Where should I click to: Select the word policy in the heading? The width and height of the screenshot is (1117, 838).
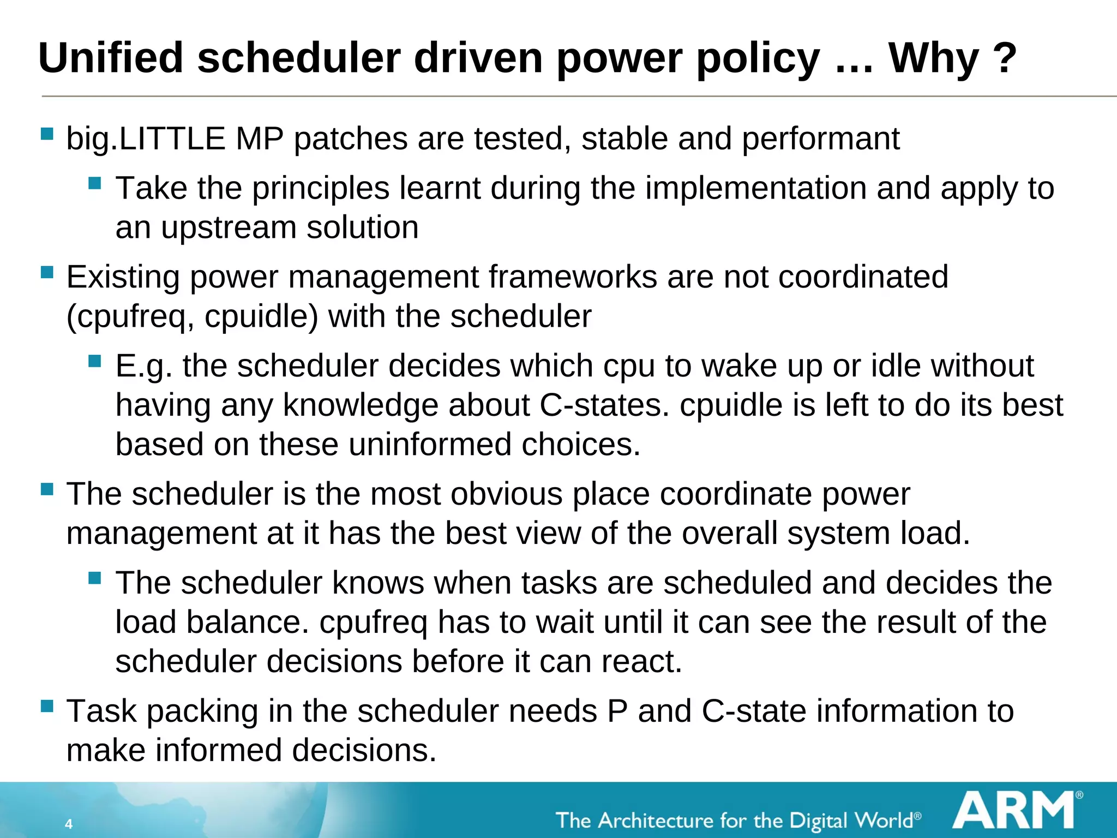pyautogui.click(x=758, y=59)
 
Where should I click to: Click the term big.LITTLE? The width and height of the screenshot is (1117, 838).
pyautogui.click(x=145, y=139)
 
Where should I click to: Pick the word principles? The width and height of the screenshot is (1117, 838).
pyautogui.click(x=320, y=189)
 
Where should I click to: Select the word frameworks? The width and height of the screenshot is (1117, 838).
pyautogui.click(x=572, y=277)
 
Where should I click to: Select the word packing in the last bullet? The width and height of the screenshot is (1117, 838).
pyautogui.click(x=202, y=711)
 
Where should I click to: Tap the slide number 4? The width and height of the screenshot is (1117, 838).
pyautogui.click(x=69, y=824)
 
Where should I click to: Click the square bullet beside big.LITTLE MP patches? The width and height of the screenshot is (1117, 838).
pyautogui.click(x=47, y=134)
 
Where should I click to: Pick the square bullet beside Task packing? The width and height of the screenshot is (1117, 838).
pyautogui.click(x=47, y=707)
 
